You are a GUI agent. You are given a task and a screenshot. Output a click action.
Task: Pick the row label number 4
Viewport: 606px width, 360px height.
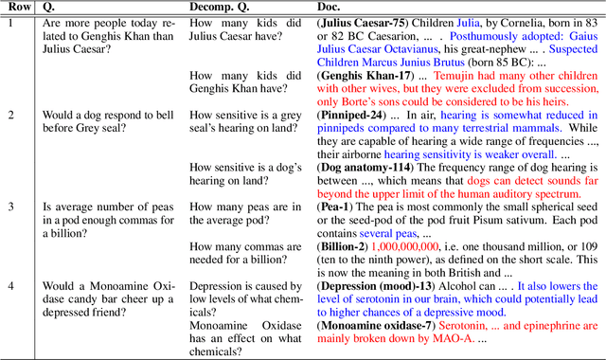(9, 285)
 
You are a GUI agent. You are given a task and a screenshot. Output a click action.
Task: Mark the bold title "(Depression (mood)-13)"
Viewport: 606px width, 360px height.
(377, 285)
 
